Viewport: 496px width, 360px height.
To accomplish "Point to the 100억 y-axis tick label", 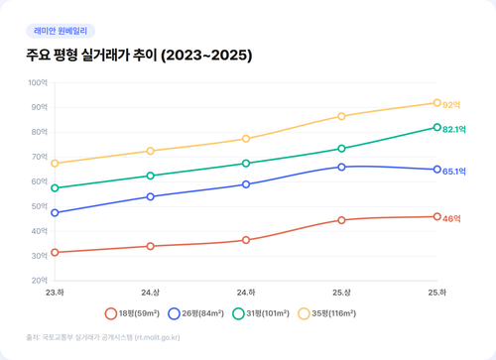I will [x=39, y=82].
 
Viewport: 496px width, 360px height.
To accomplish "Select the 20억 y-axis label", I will [x=41, y=281].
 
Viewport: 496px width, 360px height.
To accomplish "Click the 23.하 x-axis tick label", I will [x=55, y=293].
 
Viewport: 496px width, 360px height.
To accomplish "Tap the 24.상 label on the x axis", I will [x=150, y=293].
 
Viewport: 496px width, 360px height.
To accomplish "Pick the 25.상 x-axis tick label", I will [x=341, y=293].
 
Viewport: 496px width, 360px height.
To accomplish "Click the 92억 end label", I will [x=452, y=104].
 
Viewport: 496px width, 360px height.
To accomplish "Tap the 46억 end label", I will [x=452, y=218].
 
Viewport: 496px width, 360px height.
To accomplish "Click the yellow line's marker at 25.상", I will [x=341, y=116].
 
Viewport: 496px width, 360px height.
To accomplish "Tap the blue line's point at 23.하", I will [x=55, y=212].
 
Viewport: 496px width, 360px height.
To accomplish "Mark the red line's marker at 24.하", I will [x=246, y=240].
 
